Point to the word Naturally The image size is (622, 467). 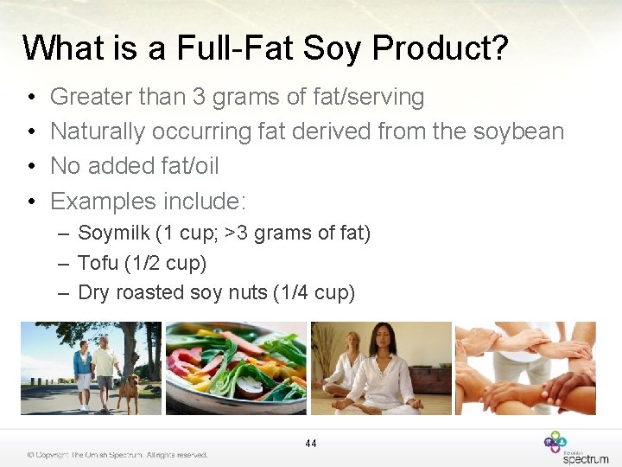pos(98,131)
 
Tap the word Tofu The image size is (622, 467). pos(95,263)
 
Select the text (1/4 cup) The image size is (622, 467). pos(313,292)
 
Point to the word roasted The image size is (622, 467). pos(149,292)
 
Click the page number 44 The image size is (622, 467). pos(311,444)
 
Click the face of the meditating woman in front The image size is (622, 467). pos(379,336)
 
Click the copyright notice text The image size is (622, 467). pos(117,454)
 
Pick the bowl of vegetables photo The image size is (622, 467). pos(236,368)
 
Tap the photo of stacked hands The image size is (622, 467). pos(524,368)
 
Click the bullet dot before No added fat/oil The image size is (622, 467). pos(30,166)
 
